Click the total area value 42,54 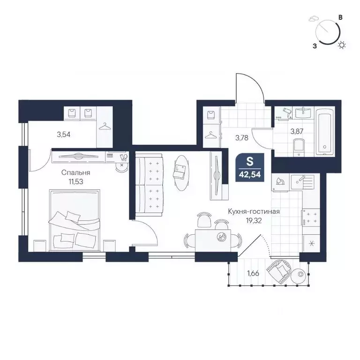click(250, 175)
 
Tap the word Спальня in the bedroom click(76, 172)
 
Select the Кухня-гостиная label click(254, 211)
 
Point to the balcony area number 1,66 click(253, 273)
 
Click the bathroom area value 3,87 click(297, 132)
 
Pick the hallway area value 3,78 click(242, 138)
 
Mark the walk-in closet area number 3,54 click(64, 135)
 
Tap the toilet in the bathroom click(299, 146)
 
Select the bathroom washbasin click(303, 112)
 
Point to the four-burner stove click(311, 217)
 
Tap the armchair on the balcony click(278, 271)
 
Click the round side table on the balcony click(299, 276)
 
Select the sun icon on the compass click(342, 45)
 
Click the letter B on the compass click(341, 17)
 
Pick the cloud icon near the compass click(312, 19)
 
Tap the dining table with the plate click(213, 240)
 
